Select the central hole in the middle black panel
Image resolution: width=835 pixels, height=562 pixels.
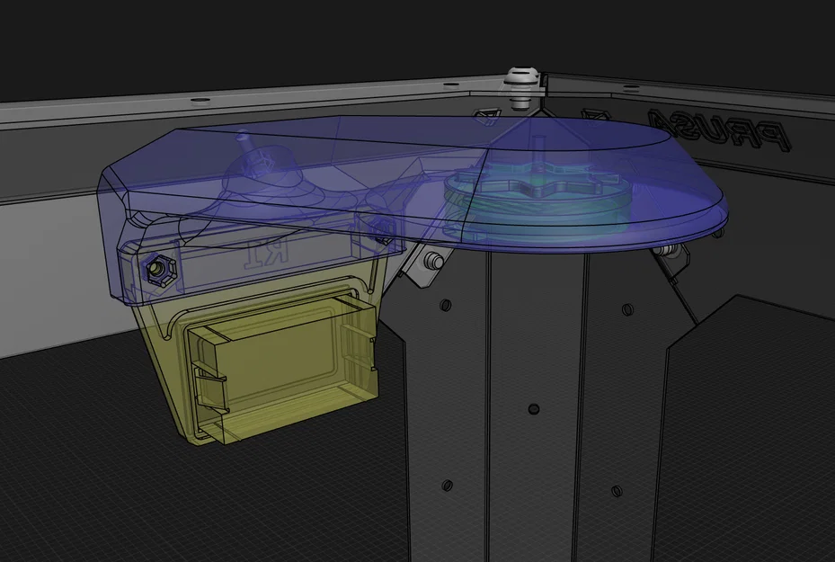point(534,409)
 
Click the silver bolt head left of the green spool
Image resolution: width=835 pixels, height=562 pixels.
point(433,260)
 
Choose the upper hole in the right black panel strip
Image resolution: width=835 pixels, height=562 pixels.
point(626,309)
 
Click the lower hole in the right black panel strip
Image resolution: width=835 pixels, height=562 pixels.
point(616,491)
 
